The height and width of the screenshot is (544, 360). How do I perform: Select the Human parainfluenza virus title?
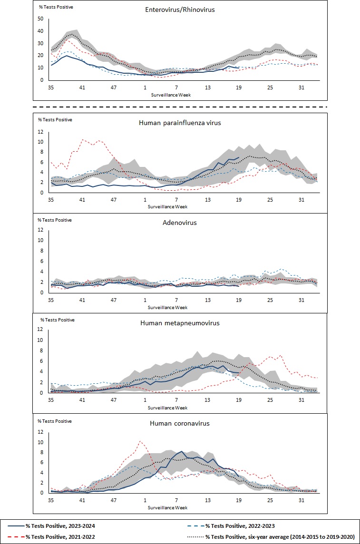[x=180, y=122]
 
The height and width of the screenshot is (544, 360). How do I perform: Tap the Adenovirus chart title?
[x=180, y=222]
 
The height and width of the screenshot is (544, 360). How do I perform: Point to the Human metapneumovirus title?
[x=180, y=323]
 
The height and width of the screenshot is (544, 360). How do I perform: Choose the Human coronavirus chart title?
[x=180, y=423]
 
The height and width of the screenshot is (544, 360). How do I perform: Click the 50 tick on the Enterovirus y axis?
[x=40, y=19]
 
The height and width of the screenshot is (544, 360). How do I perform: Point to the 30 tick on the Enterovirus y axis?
[x=40, y=43]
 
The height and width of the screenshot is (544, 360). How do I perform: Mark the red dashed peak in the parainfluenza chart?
[x=83, y=139]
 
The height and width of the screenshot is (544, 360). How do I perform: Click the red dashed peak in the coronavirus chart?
[x=140, y=441]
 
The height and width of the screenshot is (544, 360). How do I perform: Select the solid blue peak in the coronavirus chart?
[x=181, y=451]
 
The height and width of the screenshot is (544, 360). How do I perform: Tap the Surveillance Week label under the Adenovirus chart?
[x=167, y=307]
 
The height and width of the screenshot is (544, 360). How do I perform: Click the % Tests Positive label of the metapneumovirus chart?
[x=57, y=320]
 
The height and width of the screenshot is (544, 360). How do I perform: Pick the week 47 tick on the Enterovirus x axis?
[x=114, y=87]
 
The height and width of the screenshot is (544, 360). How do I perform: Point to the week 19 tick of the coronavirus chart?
[x=239, y=500]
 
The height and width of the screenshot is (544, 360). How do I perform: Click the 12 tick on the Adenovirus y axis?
[x=41, y=230]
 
